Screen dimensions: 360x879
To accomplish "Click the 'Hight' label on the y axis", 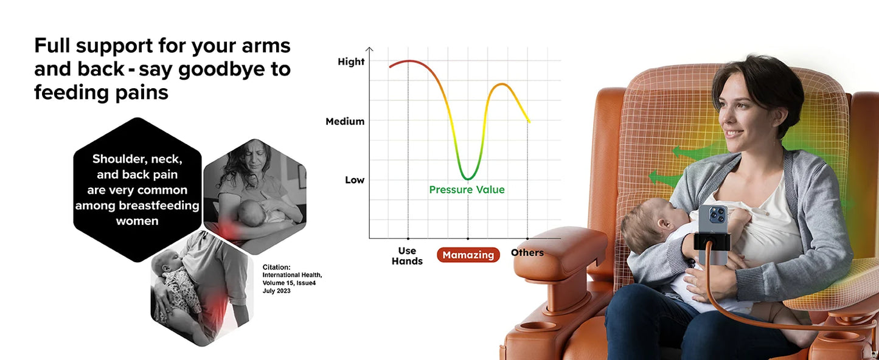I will coord(351,61).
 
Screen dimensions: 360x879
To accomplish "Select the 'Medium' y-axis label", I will coord(345,121).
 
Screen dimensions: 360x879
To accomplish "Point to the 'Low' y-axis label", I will coord(355,180).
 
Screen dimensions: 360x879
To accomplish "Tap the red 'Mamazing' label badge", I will coord(468,255).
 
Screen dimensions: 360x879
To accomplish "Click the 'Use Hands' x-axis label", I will coord(407,255).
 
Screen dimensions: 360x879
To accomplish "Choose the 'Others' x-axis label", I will coord(527,252).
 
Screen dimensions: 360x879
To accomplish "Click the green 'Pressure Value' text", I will coord(467,190).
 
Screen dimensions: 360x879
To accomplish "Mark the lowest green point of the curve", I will coord(467,179).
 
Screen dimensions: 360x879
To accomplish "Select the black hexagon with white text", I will coord(137,190).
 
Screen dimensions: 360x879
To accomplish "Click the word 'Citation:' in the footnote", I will coord(276,267).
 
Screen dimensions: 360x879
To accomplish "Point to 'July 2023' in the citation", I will coord(276,291).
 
